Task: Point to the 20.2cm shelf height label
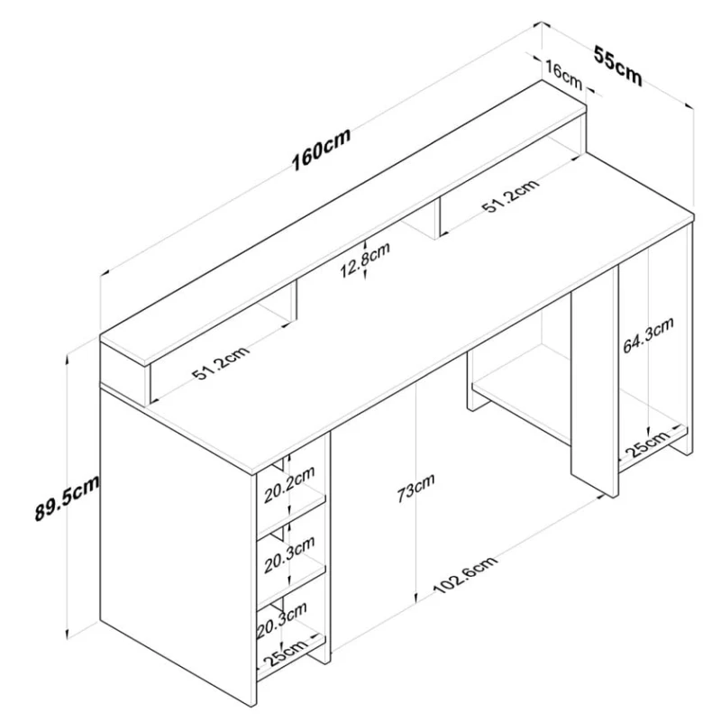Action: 289,483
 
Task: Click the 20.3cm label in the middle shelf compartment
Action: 289,553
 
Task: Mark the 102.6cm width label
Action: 465,579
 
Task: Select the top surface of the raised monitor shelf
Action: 342,216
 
